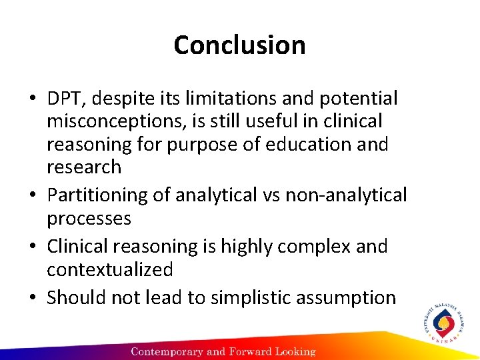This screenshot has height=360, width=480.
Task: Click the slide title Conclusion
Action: click(239, 45)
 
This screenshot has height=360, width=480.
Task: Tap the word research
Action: click(84, 167)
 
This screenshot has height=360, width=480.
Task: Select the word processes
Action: click(89, 219)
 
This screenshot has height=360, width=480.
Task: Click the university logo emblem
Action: click(443, 325)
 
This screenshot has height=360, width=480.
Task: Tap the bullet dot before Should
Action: click(33, 298)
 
